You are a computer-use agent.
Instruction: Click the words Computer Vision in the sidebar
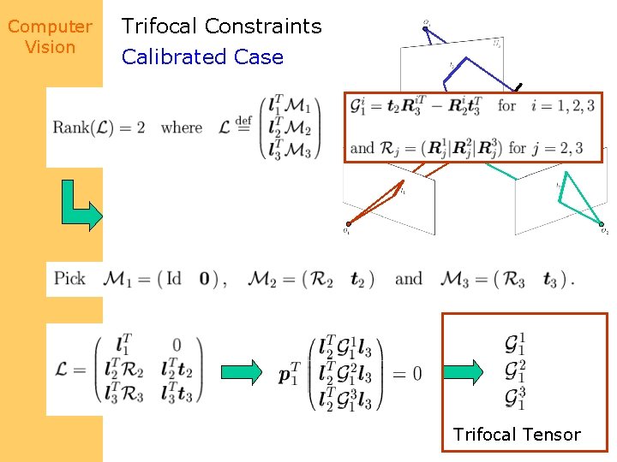pos(50,37)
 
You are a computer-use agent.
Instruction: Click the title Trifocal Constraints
pos(221,27)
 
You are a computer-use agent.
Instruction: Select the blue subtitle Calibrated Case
pos(202,57)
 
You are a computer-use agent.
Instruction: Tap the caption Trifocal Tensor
pos(517,435)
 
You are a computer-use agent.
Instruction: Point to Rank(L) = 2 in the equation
pos(98,128)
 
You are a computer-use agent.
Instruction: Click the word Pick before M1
pos(69,279)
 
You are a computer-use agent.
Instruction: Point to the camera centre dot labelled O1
pos(347,224)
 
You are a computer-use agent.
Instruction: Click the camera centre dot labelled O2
pos(602,224)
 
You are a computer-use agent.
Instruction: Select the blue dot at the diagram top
pos(425,28)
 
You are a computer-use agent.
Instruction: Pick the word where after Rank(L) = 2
pos(182,128)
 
